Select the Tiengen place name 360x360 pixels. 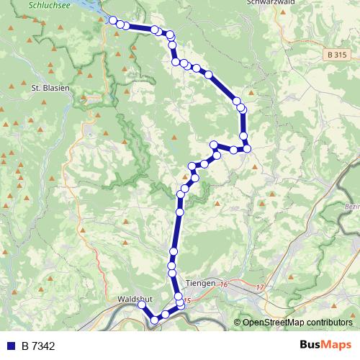click(199, 284)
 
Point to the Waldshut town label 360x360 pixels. click(132, 297)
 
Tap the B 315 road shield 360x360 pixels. click(336, 55)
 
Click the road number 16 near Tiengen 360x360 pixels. click(224, 285)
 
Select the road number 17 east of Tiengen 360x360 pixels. click(259, 288)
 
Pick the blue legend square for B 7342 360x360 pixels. click(11, 346)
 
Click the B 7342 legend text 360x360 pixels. click(38, 346)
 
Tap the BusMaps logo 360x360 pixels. click(325, 345)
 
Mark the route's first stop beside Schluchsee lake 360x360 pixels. click(113, 20)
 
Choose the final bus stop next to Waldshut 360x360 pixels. click(142, 305)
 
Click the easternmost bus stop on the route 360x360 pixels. click(247, 148)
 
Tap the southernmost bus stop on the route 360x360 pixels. click(154, 320)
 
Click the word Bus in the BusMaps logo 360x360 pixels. click(311, 345)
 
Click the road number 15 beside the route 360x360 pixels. click(187, 301)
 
